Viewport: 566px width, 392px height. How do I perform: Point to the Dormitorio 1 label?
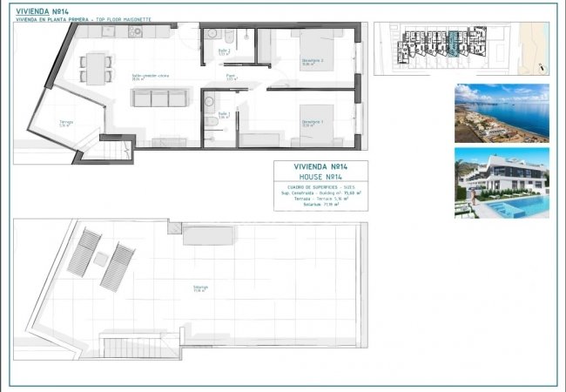(x=312, y=123)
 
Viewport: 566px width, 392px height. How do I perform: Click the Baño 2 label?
(x=223, y=51)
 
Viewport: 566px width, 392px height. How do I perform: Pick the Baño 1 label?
(x=223, y=114)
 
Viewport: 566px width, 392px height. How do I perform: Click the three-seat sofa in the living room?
(x=153, y=98)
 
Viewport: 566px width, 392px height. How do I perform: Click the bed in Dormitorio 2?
(x=307, y=45)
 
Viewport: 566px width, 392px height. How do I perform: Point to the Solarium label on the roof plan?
(x=201, y=287)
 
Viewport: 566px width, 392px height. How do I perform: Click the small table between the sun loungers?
(x=101, y=259)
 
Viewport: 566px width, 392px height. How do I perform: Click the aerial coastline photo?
(x=501, y=112)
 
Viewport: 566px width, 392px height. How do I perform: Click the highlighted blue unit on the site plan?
(x=453, y=41)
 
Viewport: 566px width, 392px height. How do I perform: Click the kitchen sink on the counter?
(x=136, y=31)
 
